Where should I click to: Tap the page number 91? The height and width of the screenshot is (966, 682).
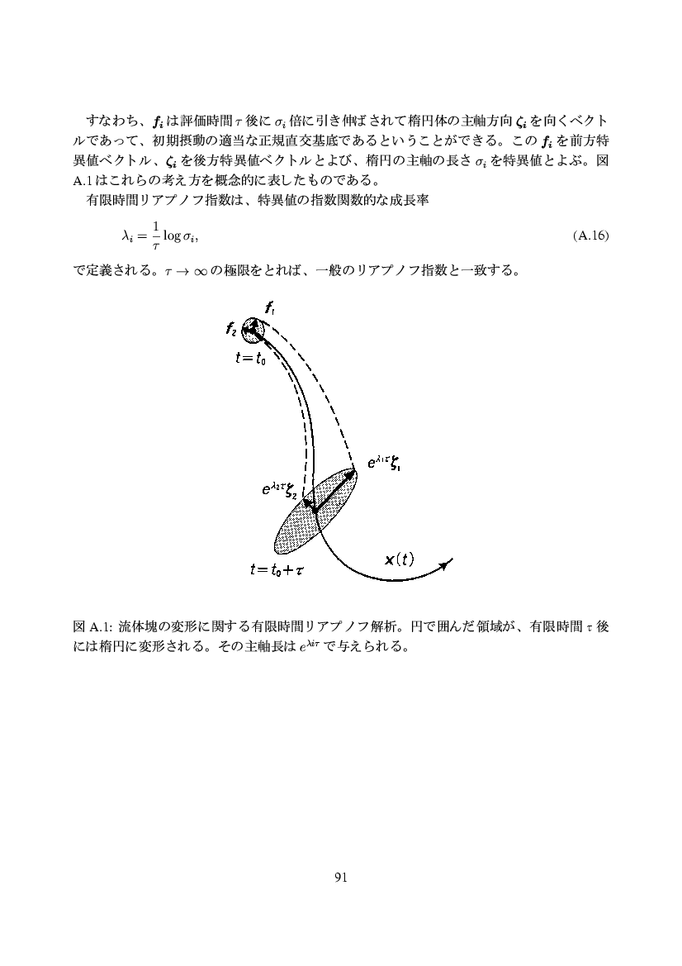341,877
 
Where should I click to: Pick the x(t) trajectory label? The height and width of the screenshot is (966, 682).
400,559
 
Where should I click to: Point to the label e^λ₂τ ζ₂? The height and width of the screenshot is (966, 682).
278,491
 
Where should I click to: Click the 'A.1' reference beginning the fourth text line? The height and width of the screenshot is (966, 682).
83,181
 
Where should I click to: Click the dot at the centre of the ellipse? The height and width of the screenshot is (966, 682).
316,509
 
